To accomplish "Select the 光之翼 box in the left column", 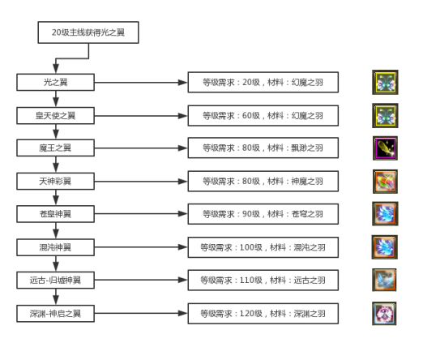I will click(56, 82).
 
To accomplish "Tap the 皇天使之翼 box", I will click(56, 115).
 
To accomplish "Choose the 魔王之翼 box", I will click(56, 148).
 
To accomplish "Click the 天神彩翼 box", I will click(56, 181).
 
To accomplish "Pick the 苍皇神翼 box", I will click(56, 214).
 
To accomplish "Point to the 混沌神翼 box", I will click(56, 246).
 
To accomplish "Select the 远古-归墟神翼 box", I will click(56, 280).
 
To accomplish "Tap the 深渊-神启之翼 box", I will click(56, 313).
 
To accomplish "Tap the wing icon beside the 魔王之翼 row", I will click(384, 148).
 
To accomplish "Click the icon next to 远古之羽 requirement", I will click(384, 280).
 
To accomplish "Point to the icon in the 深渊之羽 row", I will click(384, 313).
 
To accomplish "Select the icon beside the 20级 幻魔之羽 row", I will click(384, 82).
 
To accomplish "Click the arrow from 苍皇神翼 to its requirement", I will click(142, 214).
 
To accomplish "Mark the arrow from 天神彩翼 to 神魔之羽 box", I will click(142, 181).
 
